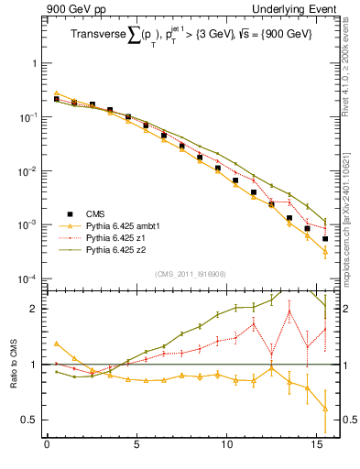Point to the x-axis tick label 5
pyautogui.click(x=136, y=449)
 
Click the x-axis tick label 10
pyautogui.click(x=226, y=449)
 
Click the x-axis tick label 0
pyautogui.click(x=47, y=449)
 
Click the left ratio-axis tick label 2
pyautogui.click(x=34, y=309)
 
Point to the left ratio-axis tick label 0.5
pyautogui.click(x=30, y=420)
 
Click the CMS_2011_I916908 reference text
pyautogui.click(x=190, y=273)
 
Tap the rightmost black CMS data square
pyautogui.click(x=325, y=239)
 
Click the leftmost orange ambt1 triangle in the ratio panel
pyautogui.click(x=56, y=344)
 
